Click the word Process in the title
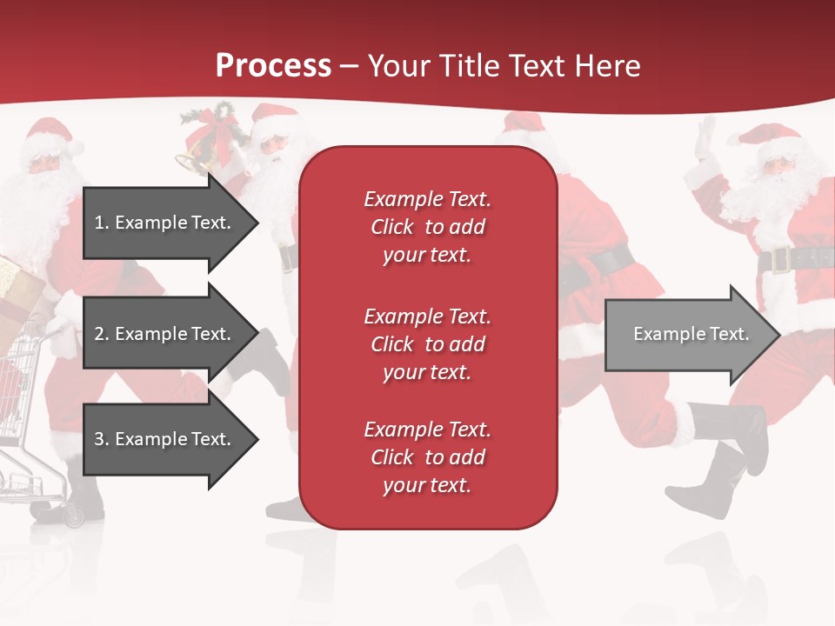pyautogui.click(x=273, y=66)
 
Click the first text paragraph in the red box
pyautogui.click(x=427, y=227)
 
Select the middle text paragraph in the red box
pyautogui.click(x=427, y=344)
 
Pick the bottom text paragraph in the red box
pyautogui.click(x=427, y=457)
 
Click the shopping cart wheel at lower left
pyautogui.click(x=74, y=516)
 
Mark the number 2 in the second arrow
pyautogui.click(x=99, y=334)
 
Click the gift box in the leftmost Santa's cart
pyautogui.click(x=17, y=283)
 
